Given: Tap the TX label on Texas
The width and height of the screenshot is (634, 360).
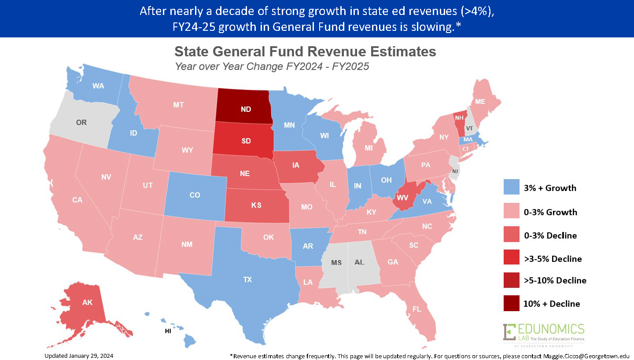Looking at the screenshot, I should (247, 279).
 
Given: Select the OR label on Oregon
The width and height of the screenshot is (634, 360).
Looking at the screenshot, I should (81, 122).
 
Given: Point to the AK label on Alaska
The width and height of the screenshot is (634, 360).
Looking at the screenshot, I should (87, 302).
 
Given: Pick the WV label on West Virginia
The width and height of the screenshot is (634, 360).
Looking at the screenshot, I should (402, 197).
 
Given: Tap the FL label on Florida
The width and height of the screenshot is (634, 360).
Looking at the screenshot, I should (417, 309).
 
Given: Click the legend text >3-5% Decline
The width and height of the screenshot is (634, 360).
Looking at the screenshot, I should (553, 258).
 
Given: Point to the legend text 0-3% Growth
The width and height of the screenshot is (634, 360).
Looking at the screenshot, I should (550, 212).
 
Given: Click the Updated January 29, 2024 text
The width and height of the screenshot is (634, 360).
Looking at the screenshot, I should (81, 355).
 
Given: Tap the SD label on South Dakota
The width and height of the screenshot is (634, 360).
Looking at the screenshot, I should (246, 142).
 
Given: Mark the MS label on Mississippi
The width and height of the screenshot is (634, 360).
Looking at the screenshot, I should (336, 262).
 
